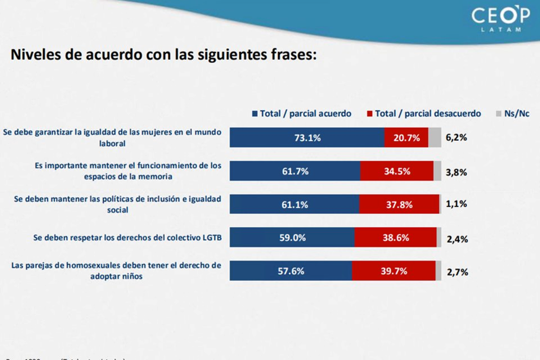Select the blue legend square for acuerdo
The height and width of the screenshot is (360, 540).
pyautogui.click(x=255, y=114)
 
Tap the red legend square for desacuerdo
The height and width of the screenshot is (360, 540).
pyautogui.click(x=370, y=114)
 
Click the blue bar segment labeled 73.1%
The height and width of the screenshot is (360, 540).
pyautogui.click(x=307, y=137)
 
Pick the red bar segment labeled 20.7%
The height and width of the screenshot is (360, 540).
pyautogui.click(x=406, y=137)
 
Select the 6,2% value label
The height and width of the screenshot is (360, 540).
pyautogui.click(x=456, y=138)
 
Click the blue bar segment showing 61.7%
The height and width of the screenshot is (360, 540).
pyautogui.click(x=295, y=171)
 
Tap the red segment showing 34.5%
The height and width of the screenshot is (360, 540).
pyautogui.click(x=396, y=171)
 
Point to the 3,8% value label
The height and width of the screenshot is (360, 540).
pyautogui.click(x=456, y=171)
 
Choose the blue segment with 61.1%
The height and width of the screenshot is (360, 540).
pyautogui.click(x=294, y=204)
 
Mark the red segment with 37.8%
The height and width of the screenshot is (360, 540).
pyautogui.click(x=399, y=204)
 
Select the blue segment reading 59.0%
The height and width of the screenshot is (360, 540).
pyautogui.click(x=292, y=237)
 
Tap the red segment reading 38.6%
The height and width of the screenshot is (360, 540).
pyautogui.click(x=396, y=237)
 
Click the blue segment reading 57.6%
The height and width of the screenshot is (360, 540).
pyautogui.click(x=291, y=271)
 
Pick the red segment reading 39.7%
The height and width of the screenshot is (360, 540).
pyautogui.click(x=394, y=271)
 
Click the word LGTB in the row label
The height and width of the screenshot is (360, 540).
pyautogui.click(x=211, y=238)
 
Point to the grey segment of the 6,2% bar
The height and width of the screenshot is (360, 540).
pyautogui.click(x=434, y=137)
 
